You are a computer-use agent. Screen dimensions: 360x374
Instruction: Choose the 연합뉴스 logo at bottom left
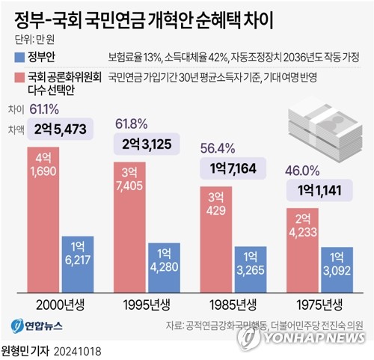tap(34, 326)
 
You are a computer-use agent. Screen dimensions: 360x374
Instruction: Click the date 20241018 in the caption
tap(77, 350)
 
